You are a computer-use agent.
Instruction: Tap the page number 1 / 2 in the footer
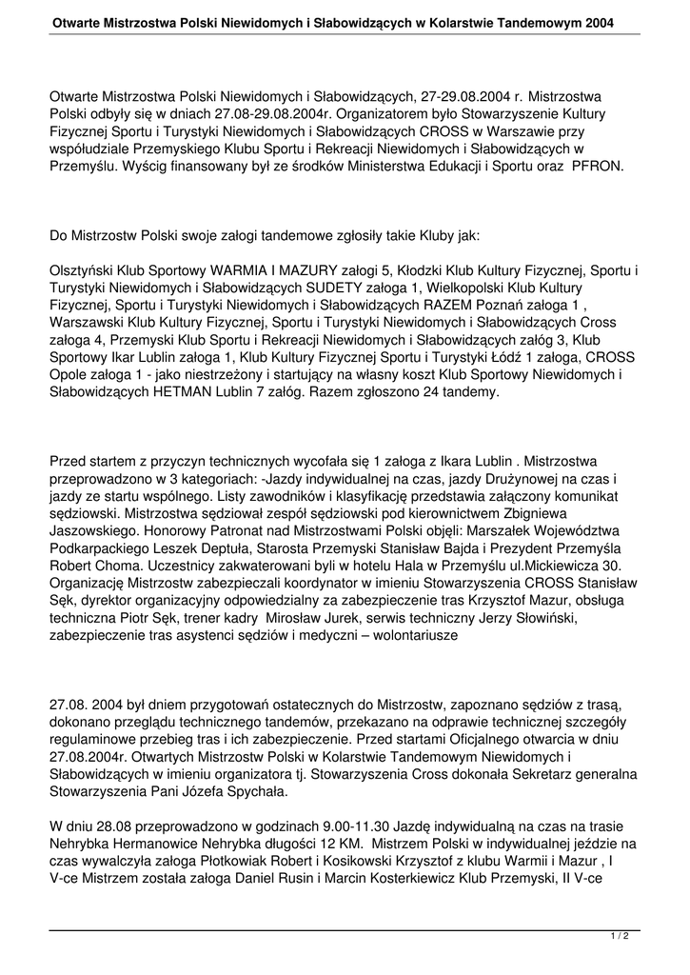pyautogui.click(x=620, y=937)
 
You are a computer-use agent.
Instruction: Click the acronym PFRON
pyautogui.click(x=569, y=165)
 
